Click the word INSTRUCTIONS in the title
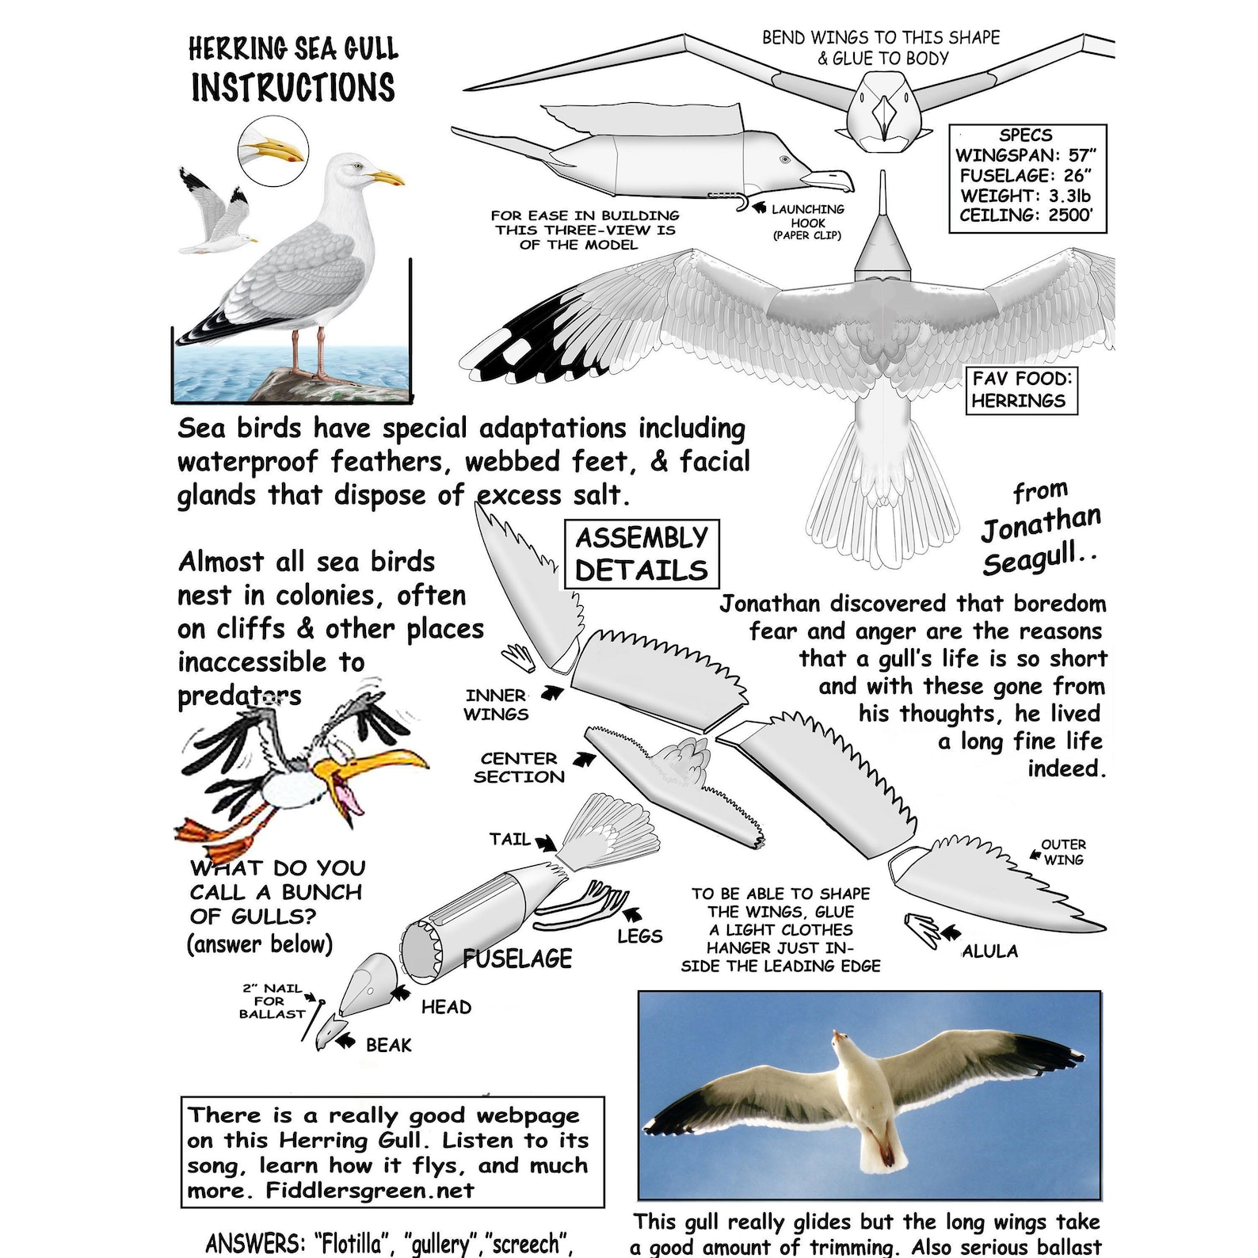pyautogui.click(x=292, y=88)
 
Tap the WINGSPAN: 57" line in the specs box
pyautogui.click(x=1026, y=155)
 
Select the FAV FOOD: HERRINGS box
pyautogui.click(x=1021, y=390)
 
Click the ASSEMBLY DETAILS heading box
pyautogui.click(x=641, y=554)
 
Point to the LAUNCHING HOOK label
pyautogui.click(x=807, y=222)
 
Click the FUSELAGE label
pyautogui.click(x=517, y=959)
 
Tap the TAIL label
pyautogui.click(x=509, y=839)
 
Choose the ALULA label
pyautogui.click(x=989, y=951)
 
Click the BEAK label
pyautogui.click(x=388, y=1045)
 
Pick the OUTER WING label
pyautogui.click(x=1063, y=852)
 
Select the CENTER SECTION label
pyautogui.click(x=519, y=768)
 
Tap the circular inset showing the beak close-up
pyautogui.click(x=273, y=150)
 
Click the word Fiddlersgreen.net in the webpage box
pyautogui.click(x=370, y=1191)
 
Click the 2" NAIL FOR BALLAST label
pyautogui.click(x=272, y=1001)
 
